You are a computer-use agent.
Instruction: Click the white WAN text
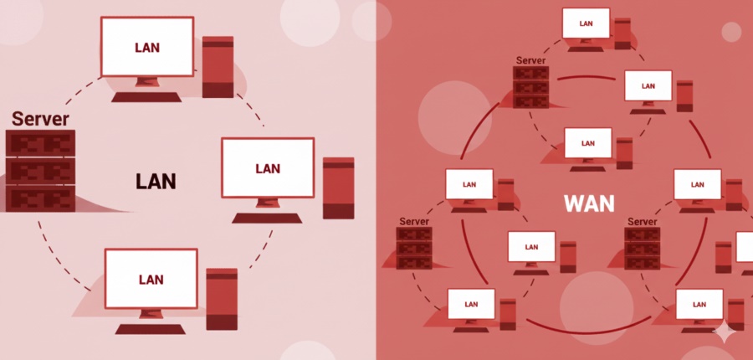589,203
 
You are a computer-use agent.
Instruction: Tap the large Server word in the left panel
40,119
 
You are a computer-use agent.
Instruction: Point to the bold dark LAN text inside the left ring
156,181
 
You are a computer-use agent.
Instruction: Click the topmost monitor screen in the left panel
147,47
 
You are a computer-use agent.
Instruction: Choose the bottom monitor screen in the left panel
151,279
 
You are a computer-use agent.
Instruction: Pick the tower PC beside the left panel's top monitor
218,67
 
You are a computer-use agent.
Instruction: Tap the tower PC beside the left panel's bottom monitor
222,298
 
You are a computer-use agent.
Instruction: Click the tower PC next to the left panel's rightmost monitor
338,188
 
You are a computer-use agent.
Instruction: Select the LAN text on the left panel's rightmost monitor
268,168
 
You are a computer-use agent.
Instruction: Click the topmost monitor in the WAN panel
587,23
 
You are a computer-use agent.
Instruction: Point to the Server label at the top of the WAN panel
531,60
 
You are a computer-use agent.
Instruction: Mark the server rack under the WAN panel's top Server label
530,87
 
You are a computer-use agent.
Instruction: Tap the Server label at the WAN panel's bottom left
414,221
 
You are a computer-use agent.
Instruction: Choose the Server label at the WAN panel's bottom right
642,221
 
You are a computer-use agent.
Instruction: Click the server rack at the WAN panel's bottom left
414,248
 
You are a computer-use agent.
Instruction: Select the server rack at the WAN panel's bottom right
642,248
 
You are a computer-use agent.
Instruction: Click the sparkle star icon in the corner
725,332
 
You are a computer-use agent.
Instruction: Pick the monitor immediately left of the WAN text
469,184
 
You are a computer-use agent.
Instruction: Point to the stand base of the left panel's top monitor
147,97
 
